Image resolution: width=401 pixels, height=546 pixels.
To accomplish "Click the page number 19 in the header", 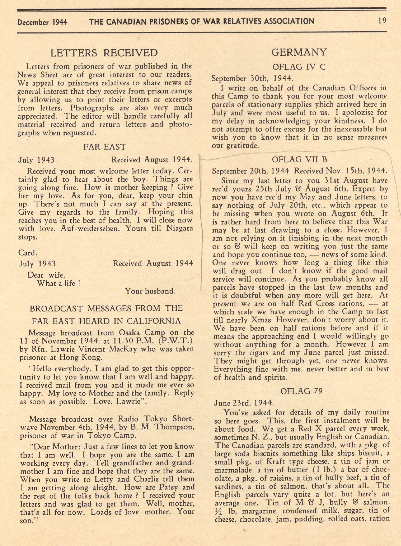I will pyautogui.click(x=382, y=21).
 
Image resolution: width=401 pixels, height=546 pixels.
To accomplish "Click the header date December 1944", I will pyautogui.click(x=42, y=22).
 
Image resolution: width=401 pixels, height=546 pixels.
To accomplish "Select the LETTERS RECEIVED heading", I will pyautogui.click(x=104, y=53).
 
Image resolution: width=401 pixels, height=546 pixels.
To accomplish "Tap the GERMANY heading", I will pyautogui.click(x=299, y=52).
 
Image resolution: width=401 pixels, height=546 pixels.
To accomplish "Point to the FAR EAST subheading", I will pyautogui.click(x=105, y=147).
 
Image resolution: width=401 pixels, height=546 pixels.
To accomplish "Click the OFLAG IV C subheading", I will pyautogui.click(x=299, y=67).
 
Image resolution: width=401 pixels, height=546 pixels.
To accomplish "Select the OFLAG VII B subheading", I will pyautogui.click(x=299, y=160).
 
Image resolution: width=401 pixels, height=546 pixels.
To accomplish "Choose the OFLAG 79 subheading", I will pyautogui.click(x=301, y=391).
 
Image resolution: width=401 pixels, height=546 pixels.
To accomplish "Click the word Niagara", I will pyautogui.click(x=179, y=228).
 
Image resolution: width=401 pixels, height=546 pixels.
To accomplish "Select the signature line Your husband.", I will pyautogui.click(x=150, y=291).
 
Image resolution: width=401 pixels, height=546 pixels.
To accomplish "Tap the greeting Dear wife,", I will pyautogui.click(x=46, y=275).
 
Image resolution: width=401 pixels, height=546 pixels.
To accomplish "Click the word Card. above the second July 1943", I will pyautogui.click(x=28, y=253).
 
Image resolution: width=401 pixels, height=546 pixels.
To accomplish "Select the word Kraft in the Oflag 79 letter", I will pyautogui.click(x=273, y=461).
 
